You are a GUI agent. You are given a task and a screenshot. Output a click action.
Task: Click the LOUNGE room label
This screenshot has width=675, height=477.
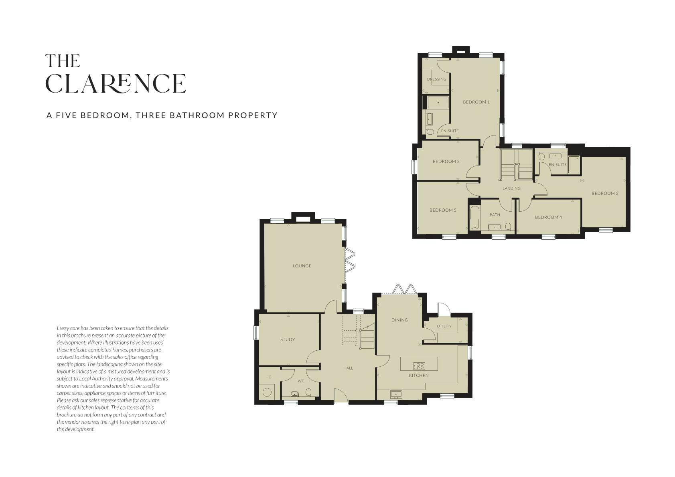pos(302,266)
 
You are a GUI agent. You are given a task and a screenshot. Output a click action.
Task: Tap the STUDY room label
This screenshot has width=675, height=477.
pos(288,340)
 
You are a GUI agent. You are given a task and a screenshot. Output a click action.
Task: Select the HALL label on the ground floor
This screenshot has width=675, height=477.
pos(348,368)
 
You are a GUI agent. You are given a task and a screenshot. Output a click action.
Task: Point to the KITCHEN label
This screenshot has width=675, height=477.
pos(419,376)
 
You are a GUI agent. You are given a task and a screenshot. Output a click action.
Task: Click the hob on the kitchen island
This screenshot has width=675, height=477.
pos(419,366)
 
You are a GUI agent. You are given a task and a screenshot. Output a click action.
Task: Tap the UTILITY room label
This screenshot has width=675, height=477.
pos(444,326)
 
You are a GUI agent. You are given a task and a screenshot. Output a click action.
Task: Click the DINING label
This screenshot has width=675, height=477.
pos(399,320)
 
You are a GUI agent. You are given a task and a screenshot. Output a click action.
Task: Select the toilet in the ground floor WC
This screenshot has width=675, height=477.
pos(308,392)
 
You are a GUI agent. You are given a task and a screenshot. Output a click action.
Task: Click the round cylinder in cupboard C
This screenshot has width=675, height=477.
pos(267,392)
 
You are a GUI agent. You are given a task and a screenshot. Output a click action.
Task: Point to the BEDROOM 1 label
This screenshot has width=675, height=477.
pos(476,102)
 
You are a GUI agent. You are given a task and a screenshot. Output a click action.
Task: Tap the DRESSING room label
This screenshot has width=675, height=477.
pos(437,79)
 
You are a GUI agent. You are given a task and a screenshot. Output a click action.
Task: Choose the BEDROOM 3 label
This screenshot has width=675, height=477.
pos(446,162)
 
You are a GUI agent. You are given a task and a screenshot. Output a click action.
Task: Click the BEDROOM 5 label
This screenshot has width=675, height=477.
pos(443,210)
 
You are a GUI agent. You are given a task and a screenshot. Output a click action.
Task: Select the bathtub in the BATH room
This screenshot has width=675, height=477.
pos(474,217)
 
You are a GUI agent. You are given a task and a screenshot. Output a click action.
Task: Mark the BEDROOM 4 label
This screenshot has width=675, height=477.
pos(548,217)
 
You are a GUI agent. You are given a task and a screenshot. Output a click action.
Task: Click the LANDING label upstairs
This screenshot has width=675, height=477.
pos(511,188)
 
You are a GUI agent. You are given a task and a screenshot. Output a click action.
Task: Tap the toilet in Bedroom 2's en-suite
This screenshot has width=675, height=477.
pos(541,157)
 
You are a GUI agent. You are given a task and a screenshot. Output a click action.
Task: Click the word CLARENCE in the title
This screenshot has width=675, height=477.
pos(116,83)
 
